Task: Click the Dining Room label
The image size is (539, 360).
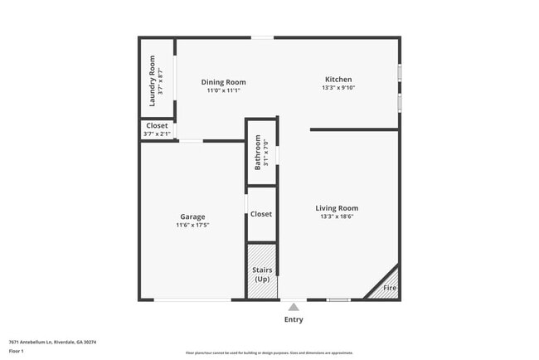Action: [x=224, y=82]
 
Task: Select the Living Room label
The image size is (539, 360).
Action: [x=337, y=207]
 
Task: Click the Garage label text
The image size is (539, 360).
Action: [x=192, y=216]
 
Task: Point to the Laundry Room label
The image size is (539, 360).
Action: [x=152, y=80]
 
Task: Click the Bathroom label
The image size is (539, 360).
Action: [x=258, y=152]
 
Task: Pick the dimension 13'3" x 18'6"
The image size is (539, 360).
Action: [x=337, y=216]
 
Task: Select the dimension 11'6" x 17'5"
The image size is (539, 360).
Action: [x=192, y=225]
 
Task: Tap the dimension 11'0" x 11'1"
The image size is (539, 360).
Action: [x=224, y=90]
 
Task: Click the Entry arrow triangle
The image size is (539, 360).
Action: [x=294, y=306]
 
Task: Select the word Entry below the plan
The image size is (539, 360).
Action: [x=294, y=319]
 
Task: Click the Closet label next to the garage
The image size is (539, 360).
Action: [x=261, y=214]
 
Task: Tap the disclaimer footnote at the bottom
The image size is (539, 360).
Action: [x=269, y=353]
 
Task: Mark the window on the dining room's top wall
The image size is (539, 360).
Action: [x=263, y=36]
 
